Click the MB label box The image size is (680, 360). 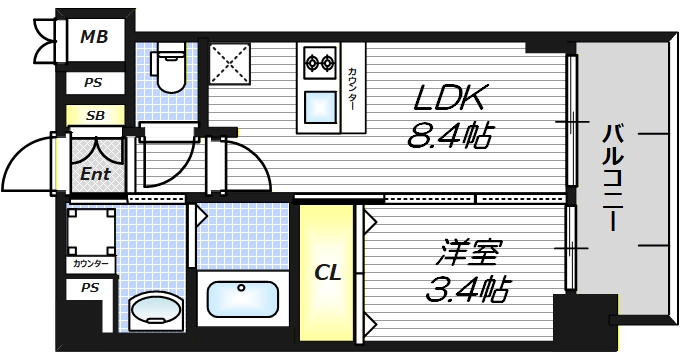[x=95, y=38]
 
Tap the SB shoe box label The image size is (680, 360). [x=95, y=116]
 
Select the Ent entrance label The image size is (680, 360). [x=95, y=173]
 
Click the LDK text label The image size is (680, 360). [x=450, y=98]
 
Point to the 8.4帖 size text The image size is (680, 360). [x=450, y=135]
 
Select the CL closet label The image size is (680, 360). [x=327, y=272]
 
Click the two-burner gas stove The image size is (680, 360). [x=321, y=64]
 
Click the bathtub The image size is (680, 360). [x=241, y=298]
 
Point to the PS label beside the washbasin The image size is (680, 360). [x=90, y=288]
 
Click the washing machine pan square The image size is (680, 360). [x=90, y=229]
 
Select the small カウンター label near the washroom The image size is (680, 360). [x=91, y=264]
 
